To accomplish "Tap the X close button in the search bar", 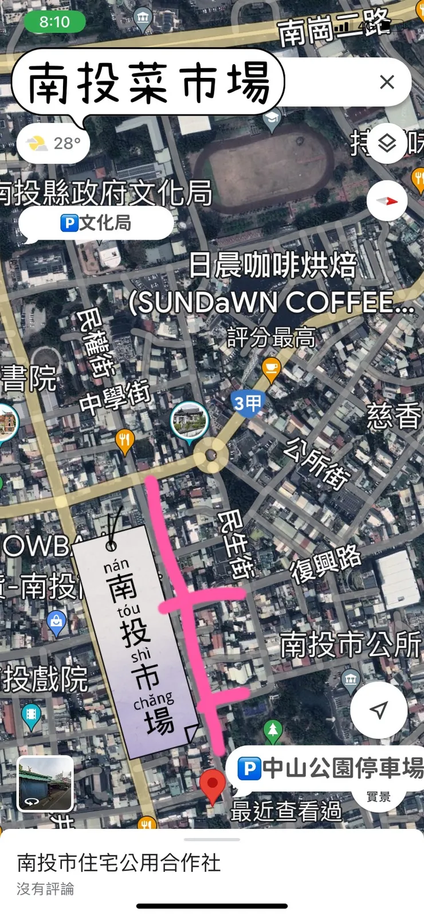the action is point(387,82).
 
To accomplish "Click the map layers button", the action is point(388,143).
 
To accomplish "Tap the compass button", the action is point(387,201).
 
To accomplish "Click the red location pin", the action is point(212,784).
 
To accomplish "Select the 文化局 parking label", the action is point(96,223).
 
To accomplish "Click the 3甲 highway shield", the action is point(248,404).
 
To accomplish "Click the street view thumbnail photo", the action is point(45,783).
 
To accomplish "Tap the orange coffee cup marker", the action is point(271,369).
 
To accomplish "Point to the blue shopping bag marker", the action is point(56,622).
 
